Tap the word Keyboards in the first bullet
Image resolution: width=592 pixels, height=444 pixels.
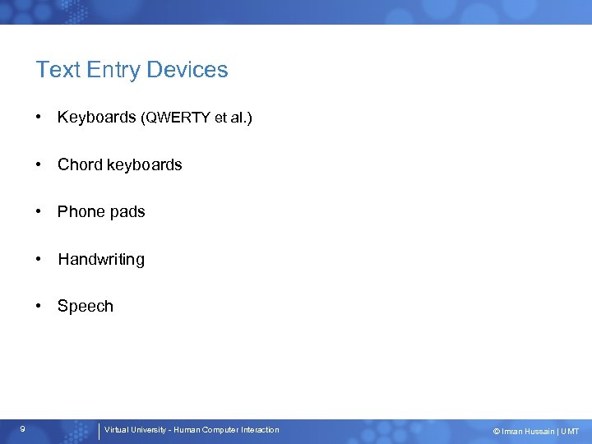[96, 118]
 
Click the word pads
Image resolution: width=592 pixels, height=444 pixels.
[127, 212]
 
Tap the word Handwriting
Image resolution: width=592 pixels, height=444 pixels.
[100, 260]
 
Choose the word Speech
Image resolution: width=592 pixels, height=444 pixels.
[85, 307]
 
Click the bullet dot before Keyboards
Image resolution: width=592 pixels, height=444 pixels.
[39, 118]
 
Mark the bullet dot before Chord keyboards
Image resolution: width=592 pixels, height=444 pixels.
[39, 164]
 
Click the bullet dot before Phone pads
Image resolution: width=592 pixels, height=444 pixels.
[39, 212]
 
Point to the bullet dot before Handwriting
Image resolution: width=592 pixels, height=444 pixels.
[39, 259]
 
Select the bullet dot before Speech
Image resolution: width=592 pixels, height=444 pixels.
[39, 306]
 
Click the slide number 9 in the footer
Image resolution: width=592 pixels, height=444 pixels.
[23, 428]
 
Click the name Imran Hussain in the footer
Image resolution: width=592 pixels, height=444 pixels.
[527, 432]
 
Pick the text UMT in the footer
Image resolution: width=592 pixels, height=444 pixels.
[571, 432]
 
